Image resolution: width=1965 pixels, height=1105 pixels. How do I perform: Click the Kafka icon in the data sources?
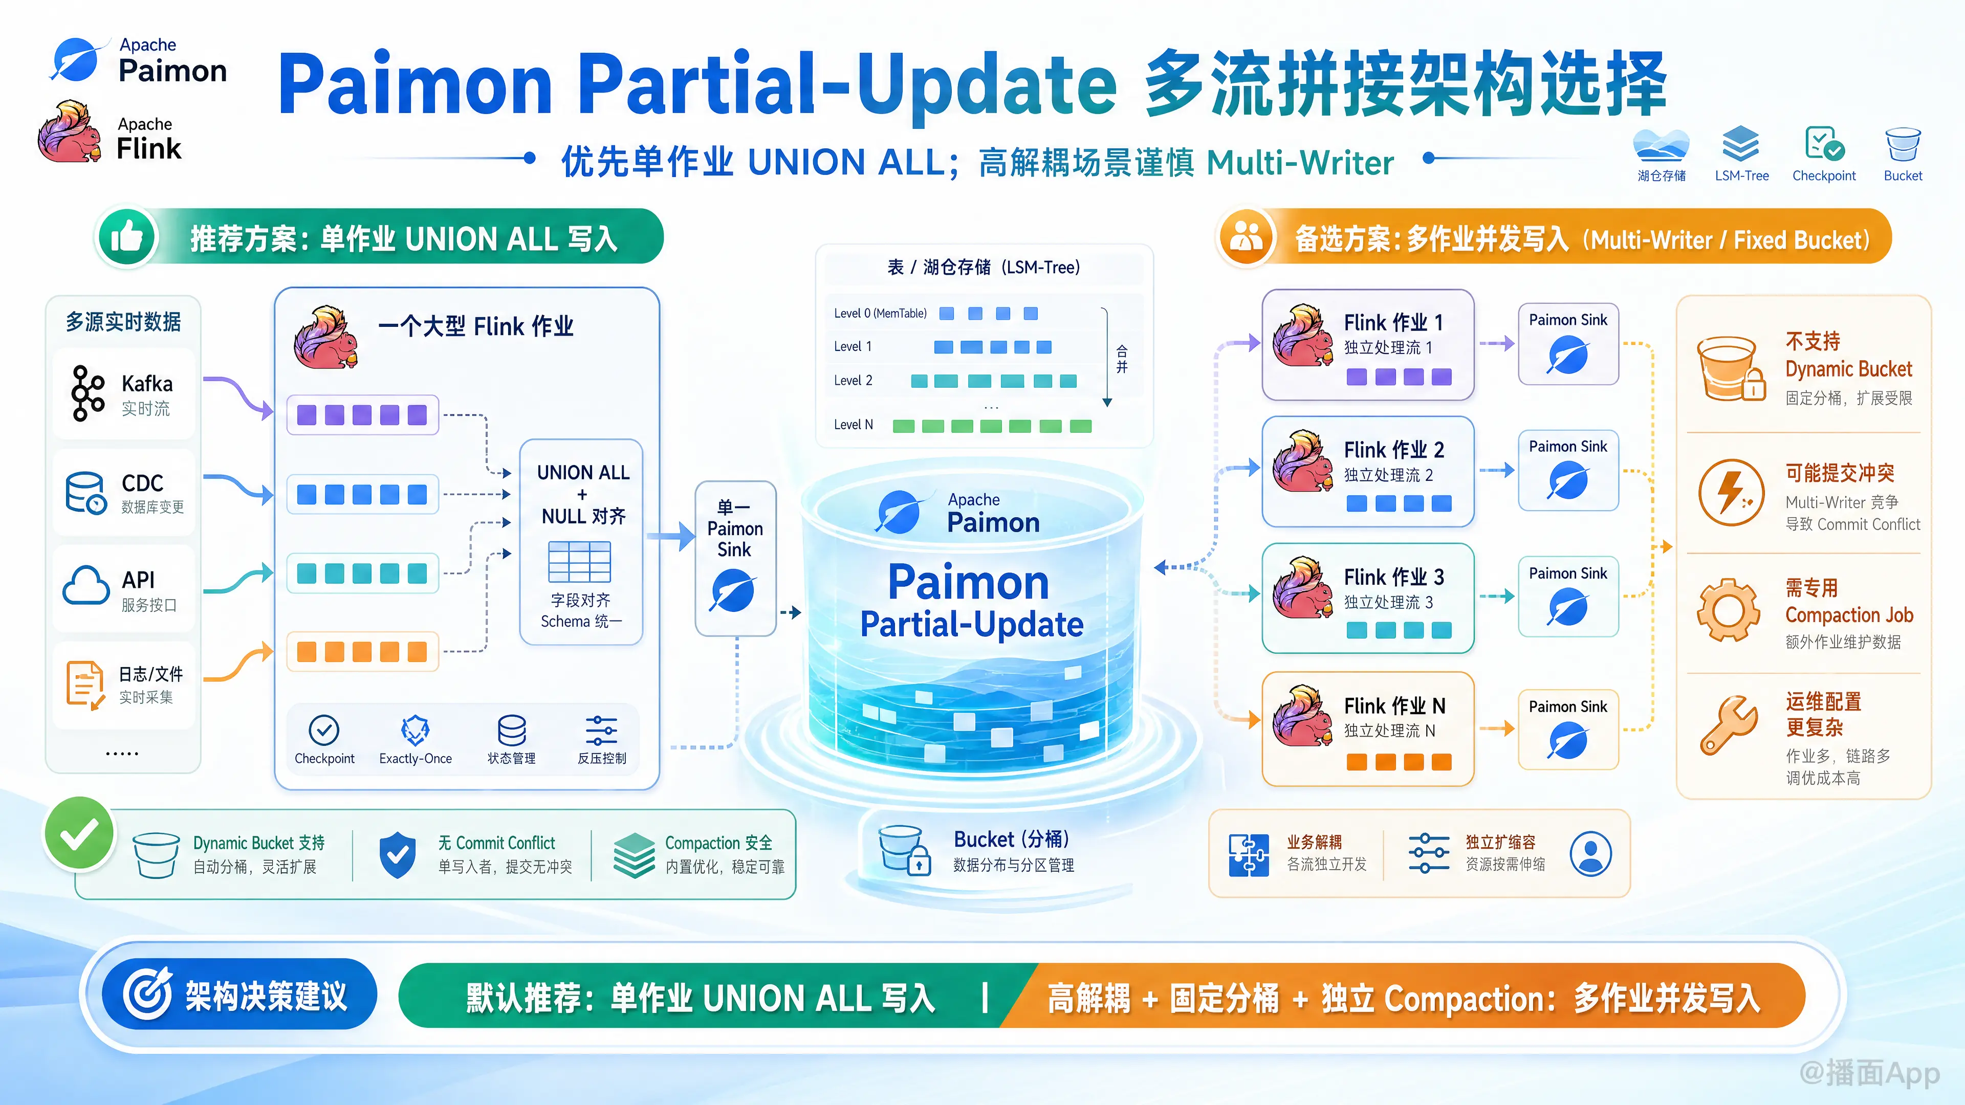tap(87, 393)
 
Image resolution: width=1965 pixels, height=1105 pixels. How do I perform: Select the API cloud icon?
tap(86, 586)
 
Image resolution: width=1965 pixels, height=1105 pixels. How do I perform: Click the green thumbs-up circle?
tap(126, 237)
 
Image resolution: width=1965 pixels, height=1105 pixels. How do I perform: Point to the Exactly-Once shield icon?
tap(415, 731)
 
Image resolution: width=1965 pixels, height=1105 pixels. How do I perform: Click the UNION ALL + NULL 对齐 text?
tap(583, 494)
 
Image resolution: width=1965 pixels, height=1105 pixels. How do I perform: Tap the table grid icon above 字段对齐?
tap(580, 562)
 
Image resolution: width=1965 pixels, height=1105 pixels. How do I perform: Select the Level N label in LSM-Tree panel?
tap(853, 425)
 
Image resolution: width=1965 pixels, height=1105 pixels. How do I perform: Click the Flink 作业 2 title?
tap(1393, 449)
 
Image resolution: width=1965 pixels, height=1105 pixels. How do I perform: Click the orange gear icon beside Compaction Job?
tap(1729, 610)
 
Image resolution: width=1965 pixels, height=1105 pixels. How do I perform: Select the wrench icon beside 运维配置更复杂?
tap(1729, 724)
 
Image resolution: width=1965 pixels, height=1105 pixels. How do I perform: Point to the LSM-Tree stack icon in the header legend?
tap(1741, 143)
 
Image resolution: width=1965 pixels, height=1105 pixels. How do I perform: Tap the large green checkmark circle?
tap(79, 833)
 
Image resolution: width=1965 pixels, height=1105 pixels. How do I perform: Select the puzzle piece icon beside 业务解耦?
tap(1248, 855)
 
